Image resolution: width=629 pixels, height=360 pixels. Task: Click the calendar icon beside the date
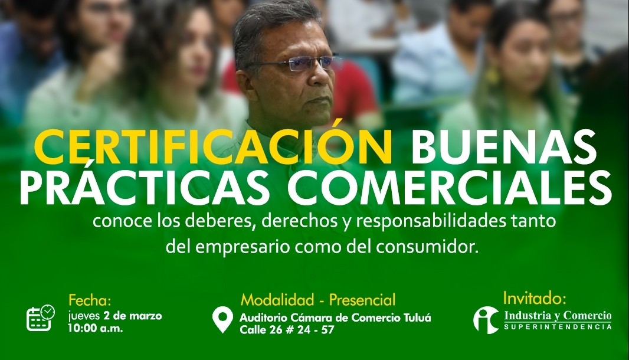(x=40, y=318)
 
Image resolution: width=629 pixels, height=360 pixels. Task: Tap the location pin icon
(x=222, y=319)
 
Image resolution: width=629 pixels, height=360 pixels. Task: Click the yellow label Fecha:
(x=90, y=300)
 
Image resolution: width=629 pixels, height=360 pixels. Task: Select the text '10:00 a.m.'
(x=96, y=328)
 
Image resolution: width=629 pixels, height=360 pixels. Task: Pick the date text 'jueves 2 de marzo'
(x=115, y=316)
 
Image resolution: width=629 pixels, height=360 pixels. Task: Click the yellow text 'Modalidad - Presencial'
(x=317, y=300)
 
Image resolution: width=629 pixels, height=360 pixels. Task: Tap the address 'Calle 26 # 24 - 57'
(x=287, y=330)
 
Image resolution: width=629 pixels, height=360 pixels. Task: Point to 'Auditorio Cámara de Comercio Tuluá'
(x=335, y=318)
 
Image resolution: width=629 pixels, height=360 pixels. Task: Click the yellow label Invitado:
(x=535, y=299)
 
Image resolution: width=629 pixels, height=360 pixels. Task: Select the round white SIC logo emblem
(x=486, y=320)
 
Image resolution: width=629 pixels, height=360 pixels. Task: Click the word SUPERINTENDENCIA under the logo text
(x=558, y=327)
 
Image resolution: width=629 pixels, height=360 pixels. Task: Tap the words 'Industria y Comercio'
(x=558, y=316)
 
